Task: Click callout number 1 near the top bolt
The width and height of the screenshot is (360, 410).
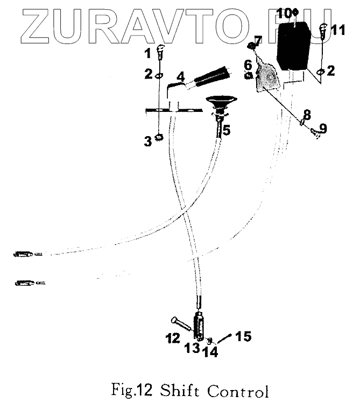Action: point(146,53)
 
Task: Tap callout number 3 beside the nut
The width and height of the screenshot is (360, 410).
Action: point(147,141)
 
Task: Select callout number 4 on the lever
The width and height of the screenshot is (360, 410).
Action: point(180,76)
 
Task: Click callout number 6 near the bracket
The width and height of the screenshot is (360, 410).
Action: point(248,63)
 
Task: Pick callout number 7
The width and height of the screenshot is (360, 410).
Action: point(258,40)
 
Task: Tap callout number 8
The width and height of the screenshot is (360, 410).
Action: point(306,115)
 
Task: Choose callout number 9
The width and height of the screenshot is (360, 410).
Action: point(322,129)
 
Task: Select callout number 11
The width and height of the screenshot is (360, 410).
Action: point(337,30)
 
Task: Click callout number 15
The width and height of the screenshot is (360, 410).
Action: point(243,337)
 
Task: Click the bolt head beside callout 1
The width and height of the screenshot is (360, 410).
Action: point(160,51)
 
